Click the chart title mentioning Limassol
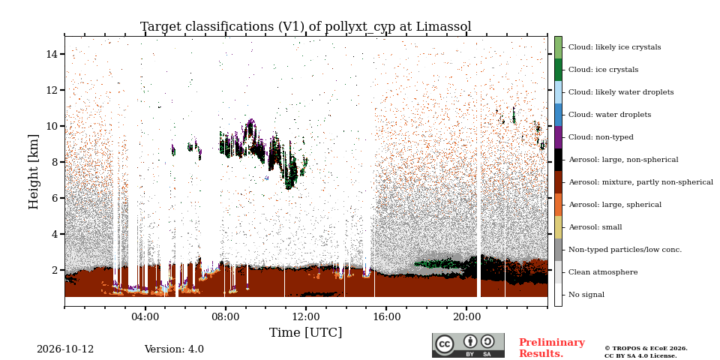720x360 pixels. coord(306,27)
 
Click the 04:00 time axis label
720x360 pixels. coord(145,316)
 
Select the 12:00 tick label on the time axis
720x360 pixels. coord(306,316)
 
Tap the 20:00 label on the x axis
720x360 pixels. coord(466,316)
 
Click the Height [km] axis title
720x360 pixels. coord(34,172)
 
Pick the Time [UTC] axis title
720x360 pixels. coord(305,332)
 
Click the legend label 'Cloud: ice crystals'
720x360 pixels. coord(603,70)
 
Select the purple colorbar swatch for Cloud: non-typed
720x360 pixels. coord(558,137)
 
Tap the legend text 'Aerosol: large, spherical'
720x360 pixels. coord(615,205)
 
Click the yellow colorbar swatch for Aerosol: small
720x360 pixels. coord(558,227)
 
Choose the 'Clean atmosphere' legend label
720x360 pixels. coord(603,272)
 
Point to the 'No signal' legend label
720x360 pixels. coord(586,295)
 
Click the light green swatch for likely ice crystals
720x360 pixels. coord(558,47)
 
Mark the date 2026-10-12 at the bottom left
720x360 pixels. coord(65,349)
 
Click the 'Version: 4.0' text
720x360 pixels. coord(174,349)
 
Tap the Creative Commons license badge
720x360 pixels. coord(468,345)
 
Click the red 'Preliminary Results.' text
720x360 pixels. coord(552,348)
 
